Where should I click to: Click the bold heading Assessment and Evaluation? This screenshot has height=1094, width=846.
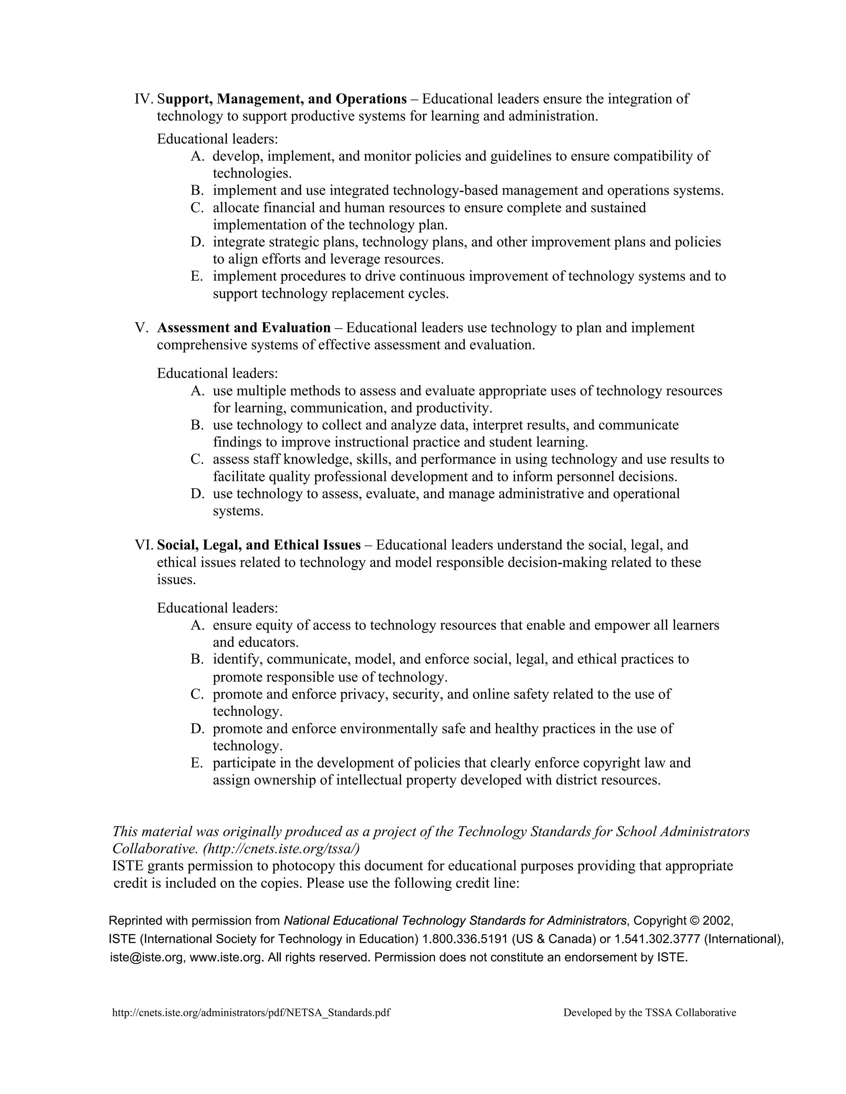[244, 328]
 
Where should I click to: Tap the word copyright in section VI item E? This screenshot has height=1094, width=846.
[608, 763]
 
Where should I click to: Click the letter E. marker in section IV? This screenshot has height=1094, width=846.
[197, 276]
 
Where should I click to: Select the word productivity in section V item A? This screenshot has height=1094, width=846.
[454, 408]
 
